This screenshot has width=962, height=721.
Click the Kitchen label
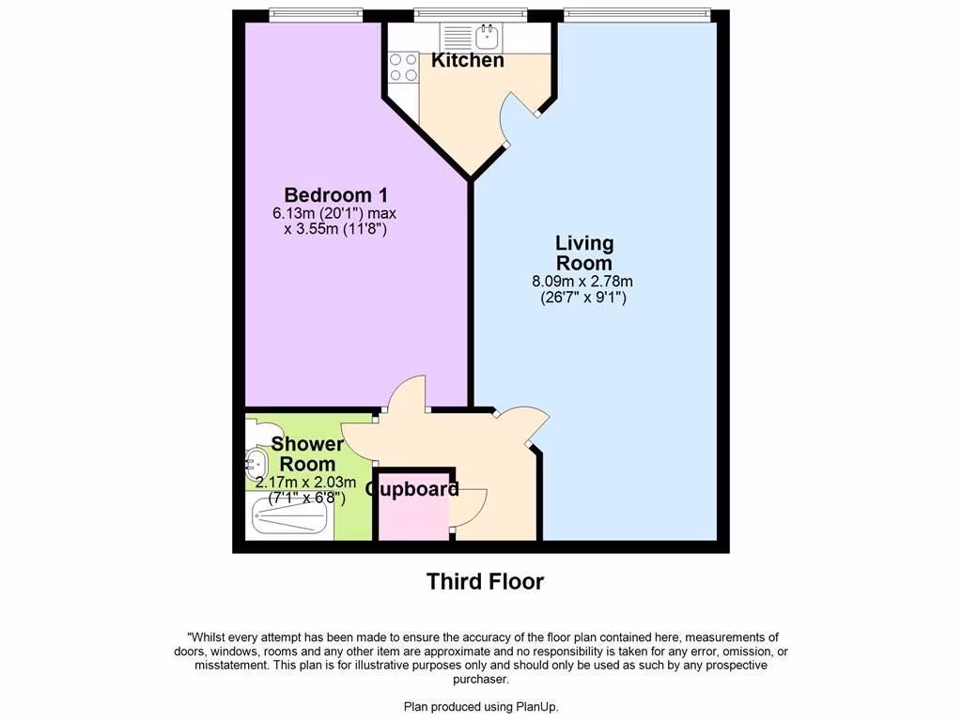[467, 61]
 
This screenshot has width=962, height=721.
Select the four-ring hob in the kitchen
[404, 66]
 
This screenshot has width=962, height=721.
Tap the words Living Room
[583, 253]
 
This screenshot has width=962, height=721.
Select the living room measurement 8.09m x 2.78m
[583, 281]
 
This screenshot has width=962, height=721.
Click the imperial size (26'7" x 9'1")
[583, 298]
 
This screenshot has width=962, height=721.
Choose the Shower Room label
[303, 453]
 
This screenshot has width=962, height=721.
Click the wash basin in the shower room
[255, 461]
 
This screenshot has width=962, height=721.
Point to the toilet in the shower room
[252, 430]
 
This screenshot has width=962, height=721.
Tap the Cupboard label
[412, 489]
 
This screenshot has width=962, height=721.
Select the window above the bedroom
[315, 14]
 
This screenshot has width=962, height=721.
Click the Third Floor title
[485, 582]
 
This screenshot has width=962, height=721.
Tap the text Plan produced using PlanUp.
[481, 707]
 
